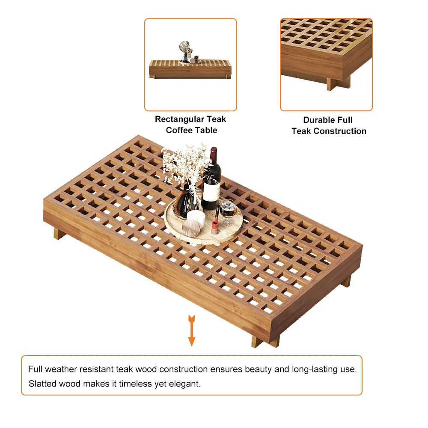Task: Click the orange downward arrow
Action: [192, 330]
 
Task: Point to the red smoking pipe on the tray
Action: [216, 221]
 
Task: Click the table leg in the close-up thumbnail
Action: [339, 83]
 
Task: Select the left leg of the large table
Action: [59, 234]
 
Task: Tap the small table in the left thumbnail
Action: [190, 69]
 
